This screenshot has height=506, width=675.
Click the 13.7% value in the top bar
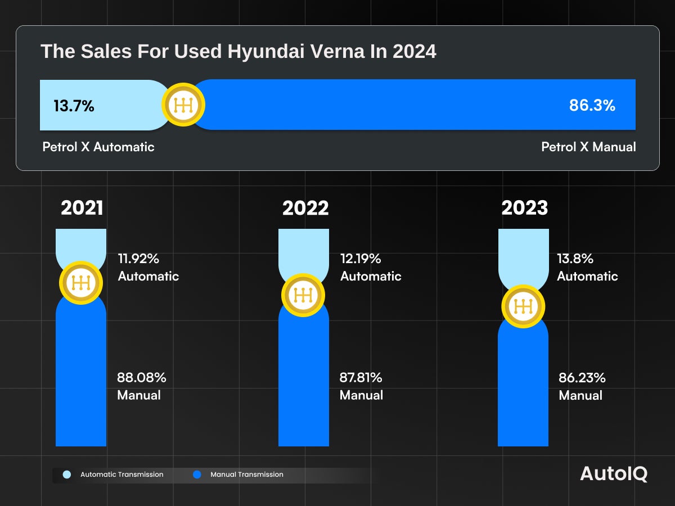point(74,106)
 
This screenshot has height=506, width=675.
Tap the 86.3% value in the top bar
point(592,105)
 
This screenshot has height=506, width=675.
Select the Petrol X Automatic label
point(98,147)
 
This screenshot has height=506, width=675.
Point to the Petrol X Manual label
point(588,147)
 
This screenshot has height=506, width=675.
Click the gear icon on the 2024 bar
point(183,105)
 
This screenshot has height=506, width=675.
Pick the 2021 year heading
point(82,208)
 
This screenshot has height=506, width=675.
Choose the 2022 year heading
point(305,208)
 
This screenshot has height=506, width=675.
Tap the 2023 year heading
point(524,208)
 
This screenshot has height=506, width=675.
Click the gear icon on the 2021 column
point(81,283)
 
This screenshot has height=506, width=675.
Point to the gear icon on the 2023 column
point(523,306)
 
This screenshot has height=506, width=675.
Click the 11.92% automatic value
point(138,259)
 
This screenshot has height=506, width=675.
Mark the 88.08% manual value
point(142,377)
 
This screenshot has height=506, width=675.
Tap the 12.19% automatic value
point(361,259)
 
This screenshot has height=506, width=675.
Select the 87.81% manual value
point(361,377)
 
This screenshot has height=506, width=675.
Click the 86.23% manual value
point(582,377)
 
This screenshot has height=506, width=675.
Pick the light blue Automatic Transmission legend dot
point(67,475)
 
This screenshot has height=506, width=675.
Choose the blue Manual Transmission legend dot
point(197,475)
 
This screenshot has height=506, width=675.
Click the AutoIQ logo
point(614,474)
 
